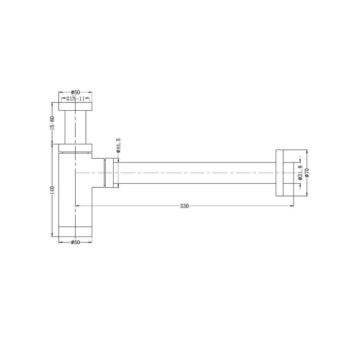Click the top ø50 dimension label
pyautogui.click(x=75, y=92)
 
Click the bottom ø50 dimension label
pyautogui.click(x=75, y=242)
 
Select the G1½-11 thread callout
pyautogui.click(x=74, y=98)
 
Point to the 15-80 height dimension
pyautogui.click(x=52, y=123)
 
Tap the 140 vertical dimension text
pyautogui.click(x=52, y=190)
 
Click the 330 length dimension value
pyautogui.click(x=184, y=206)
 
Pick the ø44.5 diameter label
pyautogui.click(x=118, y=145)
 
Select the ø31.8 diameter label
pyautogui.click(x=300, y=173)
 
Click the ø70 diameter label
pyautogui.click(x=307, y=173)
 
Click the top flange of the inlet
pyautogui.click(x=75, y=106)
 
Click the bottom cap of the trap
pyautogui.click(x=75, y=232)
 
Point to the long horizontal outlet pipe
pyautogui.click(x=196, y=173)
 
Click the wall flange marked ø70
pyautogui.click(x=280, y=173)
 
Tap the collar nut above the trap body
pyautogui.click(x=75, y=148)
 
